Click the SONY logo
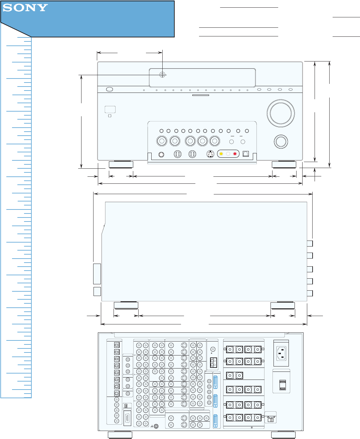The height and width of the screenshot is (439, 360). click(x=25, y=8)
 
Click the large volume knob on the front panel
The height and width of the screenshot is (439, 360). click(x=281, y=113)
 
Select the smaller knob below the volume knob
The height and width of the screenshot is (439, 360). click(x=281, y=141)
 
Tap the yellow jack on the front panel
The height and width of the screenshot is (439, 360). click(x=221, y=154)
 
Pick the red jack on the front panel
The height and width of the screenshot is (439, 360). click(x=235, y=154)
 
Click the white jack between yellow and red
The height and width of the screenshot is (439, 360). click(x=228, y=154)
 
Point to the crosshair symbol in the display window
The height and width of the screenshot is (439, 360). click(x=162, y=75)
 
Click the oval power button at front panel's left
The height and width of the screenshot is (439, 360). click(x=109, y=90)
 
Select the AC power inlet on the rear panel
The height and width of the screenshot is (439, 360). click(x=281, y=353)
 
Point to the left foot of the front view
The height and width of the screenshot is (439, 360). click(x=121, y=164)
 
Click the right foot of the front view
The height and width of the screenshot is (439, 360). click(x=284, y=164)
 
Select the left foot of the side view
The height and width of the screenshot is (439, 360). click(x=126, y=305)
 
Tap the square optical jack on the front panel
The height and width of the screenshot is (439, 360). click(x=246, y=154)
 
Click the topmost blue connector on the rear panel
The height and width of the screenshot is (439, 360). click(x=215, y=382)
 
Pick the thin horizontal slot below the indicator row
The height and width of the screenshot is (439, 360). click(x=201, y=95)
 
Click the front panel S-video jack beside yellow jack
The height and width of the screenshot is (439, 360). click(x=210, y=154)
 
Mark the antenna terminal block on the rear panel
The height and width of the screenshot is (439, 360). click(x=214, y=362)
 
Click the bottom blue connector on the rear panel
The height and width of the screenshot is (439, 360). click(x=215, y=421)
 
